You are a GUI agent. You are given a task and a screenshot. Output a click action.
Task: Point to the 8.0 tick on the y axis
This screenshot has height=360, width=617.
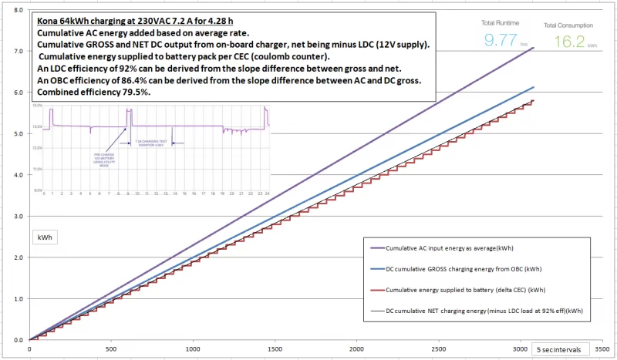[x=18, y=9]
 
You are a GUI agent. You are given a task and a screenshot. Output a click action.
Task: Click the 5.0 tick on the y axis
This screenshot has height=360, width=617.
[x=18, y=133]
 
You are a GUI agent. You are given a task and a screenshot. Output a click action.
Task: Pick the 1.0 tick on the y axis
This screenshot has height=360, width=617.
[x=18, y=298]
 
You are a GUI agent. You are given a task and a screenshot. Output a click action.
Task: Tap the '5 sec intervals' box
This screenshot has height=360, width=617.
[x=562, y=348]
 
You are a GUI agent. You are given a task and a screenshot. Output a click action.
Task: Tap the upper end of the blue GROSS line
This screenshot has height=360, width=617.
[x=533, y=86]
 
